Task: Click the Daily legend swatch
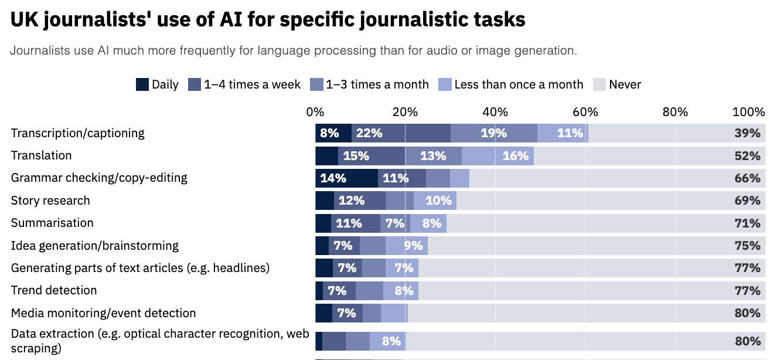tap(142, 84)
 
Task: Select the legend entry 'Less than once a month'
tap(519, 84)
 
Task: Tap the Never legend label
tap(625, 84)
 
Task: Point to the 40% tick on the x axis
tap(495, 112)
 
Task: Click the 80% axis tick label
tap(675, 112)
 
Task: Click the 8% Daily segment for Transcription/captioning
tap(330, 133)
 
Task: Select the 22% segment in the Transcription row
tap(369, 133)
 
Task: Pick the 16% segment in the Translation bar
tap(515, 156)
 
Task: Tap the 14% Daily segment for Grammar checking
tap(333, 178)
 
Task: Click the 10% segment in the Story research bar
tap(438, 201)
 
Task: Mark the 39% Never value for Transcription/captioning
tap(747, 133)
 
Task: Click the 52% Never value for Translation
tap(747, 156)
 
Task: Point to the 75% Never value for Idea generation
tap(747, 246)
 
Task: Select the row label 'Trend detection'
tap(54, 290)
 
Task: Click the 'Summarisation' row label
tap(52, 223)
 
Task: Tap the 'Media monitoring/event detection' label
tap(103, 313)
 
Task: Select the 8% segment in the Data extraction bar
tap(391, 341)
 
